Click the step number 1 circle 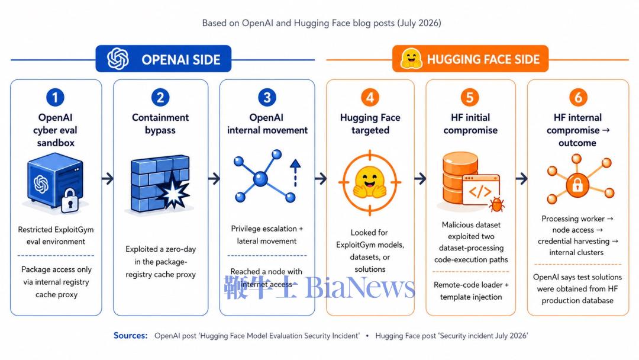(x=56, y=98)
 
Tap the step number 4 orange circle (x=370, y=98)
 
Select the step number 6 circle (x=578, y=98)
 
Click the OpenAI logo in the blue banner (x=118, y=59)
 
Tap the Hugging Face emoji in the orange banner (x=411, y=59)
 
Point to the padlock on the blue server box (x=70, y=200)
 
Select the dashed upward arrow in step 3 (x=295, y=173)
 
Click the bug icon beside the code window (x=496, y=204)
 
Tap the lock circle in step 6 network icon (x=577, y=185)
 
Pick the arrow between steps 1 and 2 (x=108, y=178)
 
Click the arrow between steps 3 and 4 (x=321, y=178)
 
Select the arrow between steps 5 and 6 (x=522, y=178)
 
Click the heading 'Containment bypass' (x=160, y=124)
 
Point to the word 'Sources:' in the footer (x=130, y=336)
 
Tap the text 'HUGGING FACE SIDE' (x=483, y=60)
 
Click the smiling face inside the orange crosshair (x=370, y=182)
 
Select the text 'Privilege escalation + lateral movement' (x=267, y=235)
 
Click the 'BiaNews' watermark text (x=360, y=287)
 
